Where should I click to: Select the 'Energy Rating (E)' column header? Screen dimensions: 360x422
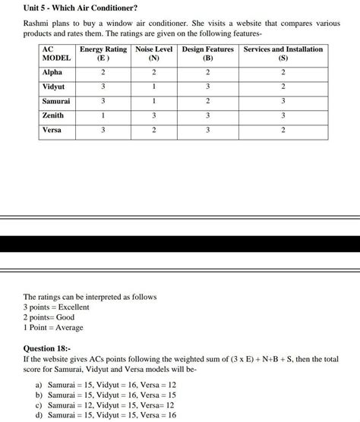[x=103, y=53]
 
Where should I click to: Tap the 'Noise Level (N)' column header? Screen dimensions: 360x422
[x=153, y=53]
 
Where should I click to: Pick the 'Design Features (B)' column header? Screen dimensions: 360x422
[x=207, y=53]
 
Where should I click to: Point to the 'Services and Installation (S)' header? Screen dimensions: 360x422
[x=283, y=53]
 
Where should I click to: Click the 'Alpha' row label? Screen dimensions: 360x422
[x=52, y=72]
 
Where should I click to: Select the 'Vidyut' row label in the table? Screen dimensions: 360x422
[x=54, y=87]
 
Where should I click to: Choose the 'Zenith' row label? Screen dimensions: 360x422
[x=53, y=115]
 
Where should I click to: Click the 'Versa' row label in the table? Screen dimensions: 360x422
[x=52, y=130]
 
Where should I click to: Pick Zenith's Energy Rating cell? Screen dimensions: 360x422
[x=103, y=115]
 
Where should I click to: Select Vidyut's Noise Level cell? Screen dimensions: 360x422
[x=153, y=87]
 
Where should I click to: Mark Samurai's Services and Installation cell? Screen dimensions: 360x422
[x=283, y=101]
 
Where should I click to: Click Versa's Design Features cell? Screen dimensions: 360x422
[x=207, y=130]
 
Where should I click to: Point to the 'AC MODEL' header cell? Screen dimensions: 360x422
[x=56, y=53]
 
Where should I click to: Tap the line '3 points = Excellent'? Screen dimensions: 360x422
[x=56, y=307]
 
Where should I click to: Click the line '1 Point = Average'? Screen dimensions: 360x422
[x=53, y=327]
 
